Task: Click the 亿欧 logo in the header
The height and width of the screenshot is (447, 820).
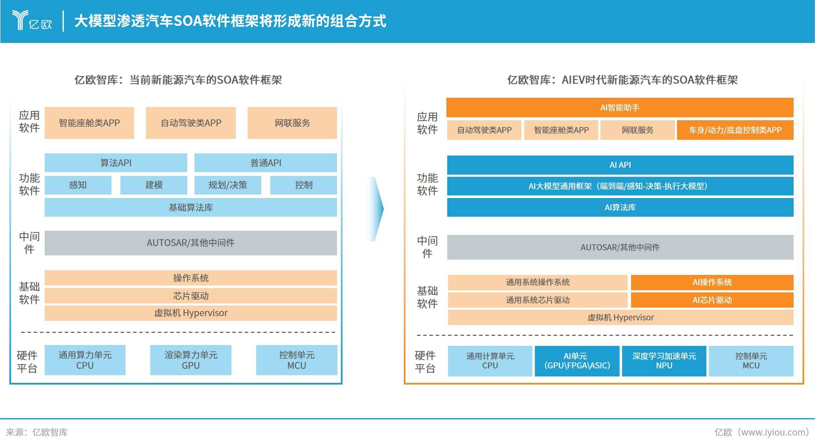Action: (32, 20)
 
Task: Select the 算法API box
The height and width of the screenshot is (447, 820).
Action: (116, 163)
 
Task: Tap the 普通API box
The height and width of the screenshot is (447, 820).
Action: (266, 163)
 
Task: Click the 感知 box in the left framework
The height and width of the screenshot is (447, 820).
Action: (78, 185)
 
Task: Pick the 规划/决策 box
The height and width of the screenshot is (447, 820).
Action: (228, 185)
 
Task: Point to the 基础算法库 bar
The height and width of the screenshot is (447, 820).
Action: (191, 207)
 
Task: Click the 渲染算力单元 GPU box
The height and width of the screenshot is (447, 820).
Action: (191, 360)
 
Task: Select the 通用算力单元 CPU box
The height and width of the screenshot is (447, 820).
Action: (85, 360)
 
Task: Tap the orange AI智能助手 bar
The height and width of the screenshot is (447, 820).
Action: (620, 108)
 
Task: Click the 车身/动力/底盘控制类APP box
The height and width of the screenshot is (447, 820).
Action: (735, 130)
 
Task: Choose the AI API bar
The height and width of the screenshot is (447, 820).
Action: (620, 165)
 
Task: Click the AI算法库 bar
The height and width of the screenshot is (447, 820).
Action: (620, 207)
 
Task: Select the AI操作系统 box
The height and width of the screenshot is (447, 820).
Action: (712, 282)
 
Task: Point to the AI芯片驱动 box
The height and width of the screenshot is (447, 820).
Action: (712, 300)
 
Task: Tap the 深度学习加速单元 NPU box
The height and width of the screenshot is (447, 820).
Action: (664, 361)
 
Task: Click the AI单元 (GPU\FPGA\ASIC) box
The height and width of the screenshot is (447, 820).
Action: (577, 361)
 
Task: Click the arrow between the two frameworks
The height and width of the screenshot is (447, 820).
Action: (376, 209)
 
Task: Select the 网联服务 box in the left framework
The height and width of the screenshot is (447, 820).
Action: (292, 123)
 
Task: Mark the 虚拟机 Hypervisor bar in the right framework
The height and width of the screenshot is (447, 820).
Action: (620, 317)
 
